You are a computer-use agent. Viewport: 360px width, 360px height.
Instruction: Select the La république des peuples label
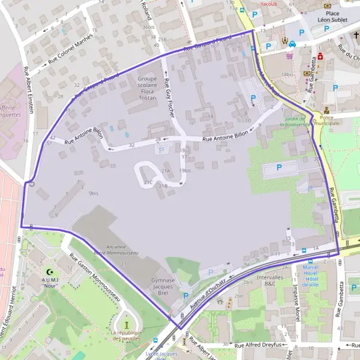[126, 336]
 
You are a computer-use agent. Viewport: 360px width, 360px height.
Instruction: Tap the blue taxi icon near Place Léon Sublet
[292, 43]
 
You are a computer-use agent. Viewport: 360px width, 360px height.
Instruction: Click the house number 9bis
[93, 193]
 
